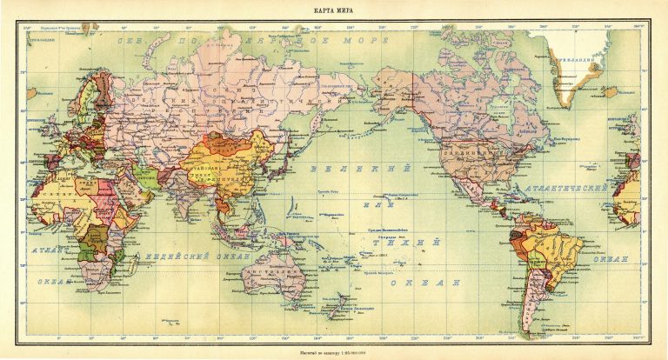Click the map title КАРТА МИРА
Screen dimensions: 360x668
tap(333, 10)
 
